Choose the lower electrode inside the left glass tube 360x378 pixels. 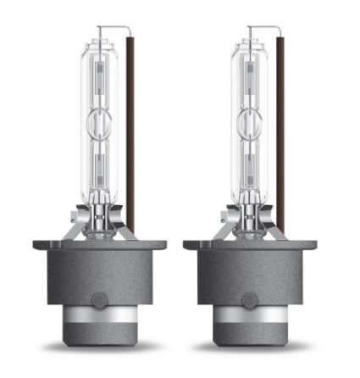[x=102, y=161]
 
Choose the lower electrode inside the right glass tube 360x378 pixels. [x=251, y=161]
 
